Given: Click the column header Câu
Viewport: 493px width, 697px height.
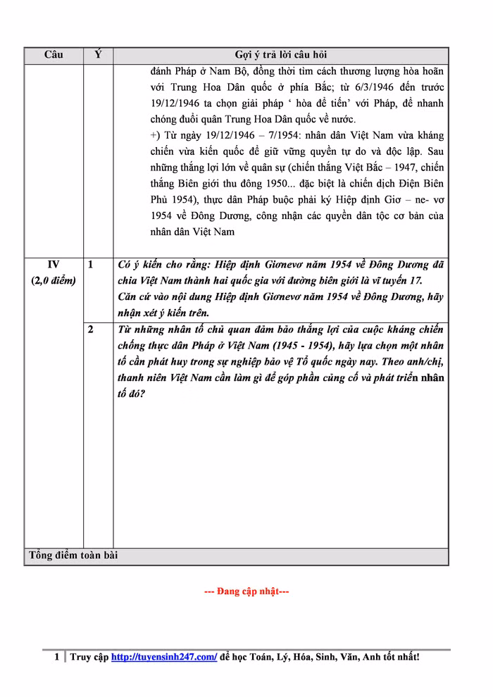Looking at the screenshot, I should tap(54, 55).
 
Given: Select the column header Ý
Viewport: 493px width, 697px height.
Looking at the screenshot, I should tap(98, 55).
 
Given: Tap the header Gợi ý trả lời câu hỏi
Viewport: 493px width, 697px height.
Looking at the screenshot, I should tap(280, 55).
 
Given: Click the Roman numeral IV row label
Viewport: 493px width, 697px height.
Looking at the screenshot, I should tap(54, 265).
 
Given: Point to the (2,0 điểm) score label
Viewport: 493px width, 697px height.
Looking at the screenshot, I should tap(54, 280).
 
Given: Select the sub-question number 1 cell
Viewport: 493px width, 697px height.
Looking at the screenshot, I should tap(91, 265).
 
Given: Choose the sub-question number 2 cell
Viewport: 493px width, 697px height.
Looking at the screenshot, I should tap(91, 329).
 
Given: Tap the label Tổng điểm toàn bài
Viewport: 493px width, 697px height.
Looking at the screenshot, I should tap(73, 555).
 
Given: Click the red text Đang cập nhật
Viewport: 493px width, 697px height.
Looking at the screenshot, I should tap(246, 591).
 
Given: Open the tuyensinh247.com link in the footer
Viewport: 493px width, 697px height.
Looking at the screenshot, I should tap(164, 657).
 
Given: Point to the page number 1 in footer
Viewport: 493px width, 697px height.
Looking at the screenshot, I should tap(57, 657).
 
